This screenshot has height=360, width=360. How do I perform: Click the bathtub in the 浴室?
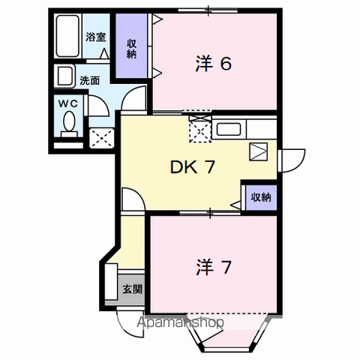click(67, 36)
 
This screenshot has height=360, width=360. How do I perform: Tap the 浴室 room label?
click(96, 37)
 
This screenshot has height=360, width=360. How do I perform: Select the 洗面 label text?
click(90, 81)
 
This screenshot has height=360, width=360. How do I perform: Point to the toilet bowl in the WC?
click(69, 121)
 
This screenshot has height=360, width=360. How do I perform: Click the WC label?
click(68, 104)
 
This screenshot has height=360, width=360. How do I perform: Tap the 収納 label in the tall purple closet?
click(131, 49)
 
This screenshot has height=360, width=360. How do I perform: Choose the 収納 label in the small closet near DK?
click(261, 197)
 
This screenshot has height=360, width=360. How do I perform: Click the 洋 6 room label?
click(214, 64)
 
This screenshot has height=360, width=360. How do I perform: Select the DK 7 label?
click(193, 167)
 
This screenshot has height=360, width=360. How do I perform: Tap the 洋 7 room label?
click(214, 267)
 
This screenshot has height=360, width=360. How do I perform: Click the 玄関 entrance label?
click(132, 289)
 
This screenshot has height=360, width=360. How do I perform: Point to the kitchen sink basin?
click(229, 129)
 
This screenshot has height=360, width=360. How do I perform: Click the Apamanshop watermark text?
click(180, 322)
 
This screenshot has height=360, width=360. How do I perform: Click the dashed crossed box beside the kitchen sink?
click(200, 129)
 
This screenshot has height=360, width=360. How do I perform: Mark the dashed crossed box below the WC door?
click(102, 138)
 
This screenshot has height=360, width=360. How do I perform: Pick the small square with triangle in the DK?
click(259, 151)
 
